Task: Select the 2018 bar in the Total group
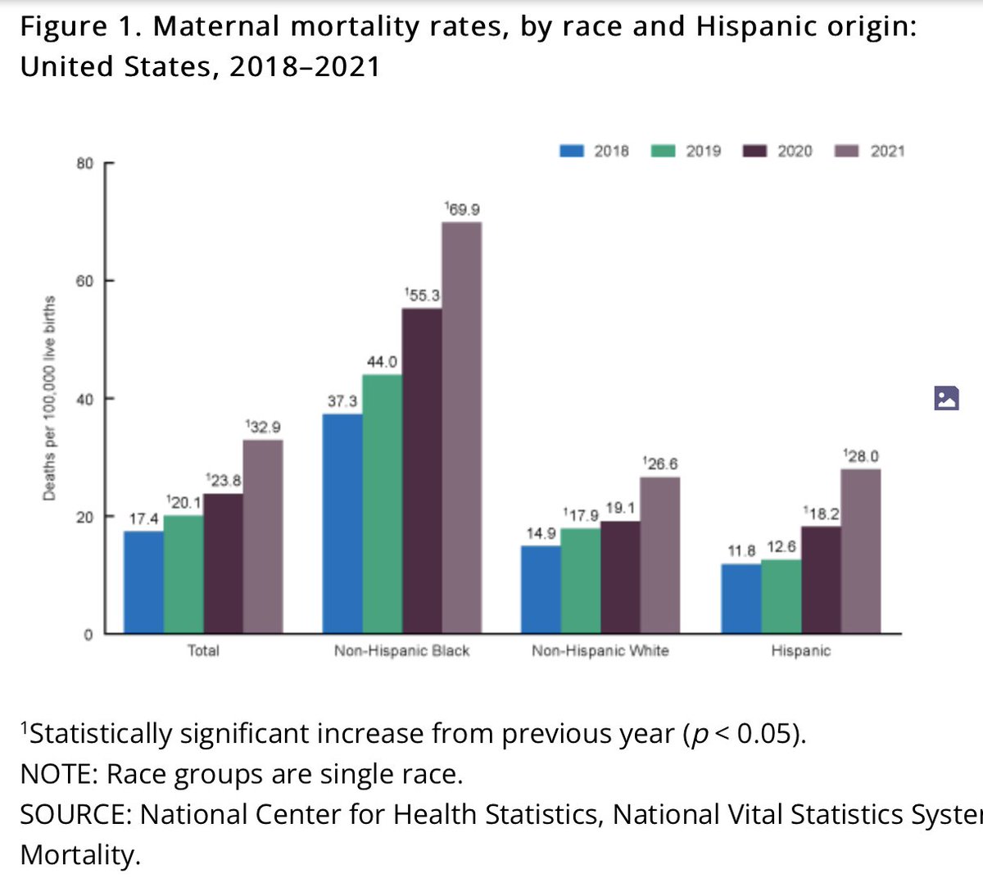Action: tap(143, 582)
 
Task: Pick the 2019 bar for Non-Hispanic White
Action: tap(581, 581)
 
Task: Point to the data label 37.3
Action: tap(342, 401)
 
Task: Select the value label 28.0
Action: tap(862, 456)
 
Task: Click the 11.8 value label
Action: tap(741, 550)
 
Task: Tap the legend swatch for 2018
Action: tap(572, 151)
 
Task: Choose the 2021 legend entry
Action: tap(887, 151)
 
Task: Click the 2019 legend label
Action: tap(703, 151)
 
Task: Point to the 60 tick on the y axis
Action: tap(85, 281)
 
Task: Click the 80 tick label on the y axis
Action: tap(85, 163)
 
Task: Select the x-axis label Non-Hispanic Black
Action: tap(401, 651)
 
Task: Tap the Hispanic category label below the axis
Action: tap(800, 651)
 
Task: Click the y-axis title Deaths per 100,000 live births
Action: tap(49, 399)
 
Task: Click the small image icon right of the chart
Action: tap(946, 399)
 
